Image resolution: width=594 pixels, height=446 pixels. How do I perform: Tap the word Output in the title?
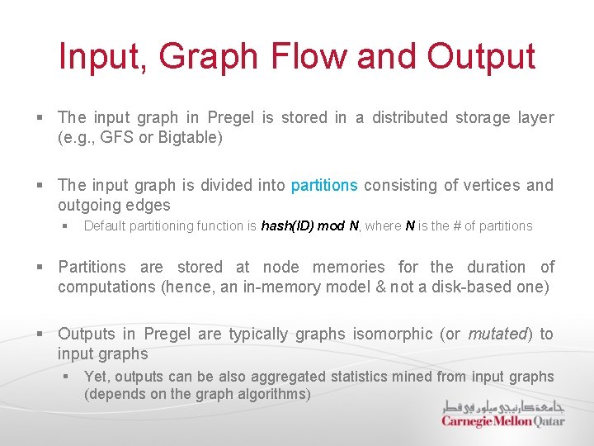[481, 56]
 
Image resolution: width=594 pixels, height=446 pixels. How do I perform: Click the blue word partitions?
[324, 185]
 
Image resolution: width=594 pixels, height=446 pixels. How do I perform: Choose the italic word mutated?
[497, 334]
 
